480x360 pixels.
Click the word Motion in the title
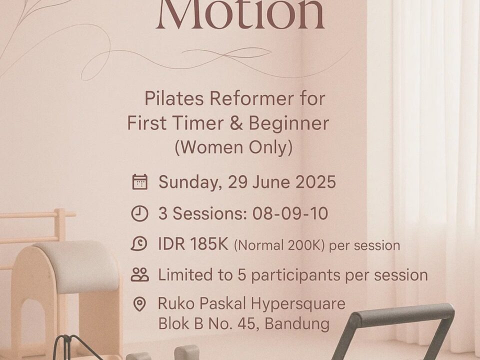[x=240, y=14]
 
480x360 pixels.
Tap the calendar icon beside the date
[x=140, y=182]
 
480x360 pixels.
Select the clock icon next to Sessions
[x=139, y=213]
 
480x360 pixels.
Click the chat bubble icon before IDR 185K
[x=139, y=244]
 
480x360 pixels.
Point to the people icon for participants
[x=140, y=274]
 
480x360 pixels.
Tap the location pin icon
[x=139, y=304]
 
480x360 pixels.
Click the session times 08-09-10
[x=290, y=213]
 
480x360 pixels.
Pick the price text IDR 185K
[x=193, y=244]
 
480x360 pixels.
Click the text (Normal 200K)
[x=279, y=245]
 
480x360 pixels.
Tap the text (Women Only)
[x=233, y=147]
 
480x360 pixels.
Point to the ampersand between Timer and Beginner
[x=235, y=123]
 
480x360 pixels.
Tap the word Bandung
[x=297, y=323]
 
